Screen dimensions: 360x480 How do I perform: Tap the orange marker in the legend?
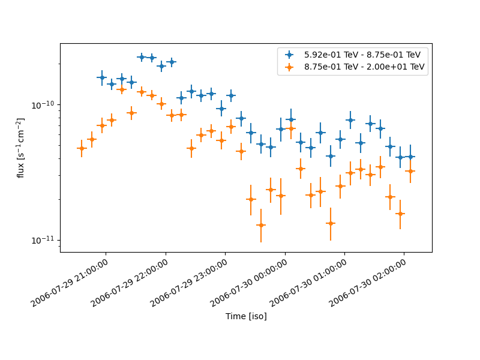pos(290,67)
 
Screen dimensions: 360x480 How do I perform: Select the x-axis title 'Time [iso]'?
pos(246,316)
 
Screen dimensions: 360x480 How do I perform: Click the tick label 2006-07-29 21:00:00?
pos(70,282)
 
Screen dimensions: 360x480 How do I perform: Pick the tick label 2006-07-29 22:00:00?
pos(130,282)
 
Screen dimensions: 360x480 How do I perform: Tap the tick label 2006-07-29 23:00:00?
pos(189,282)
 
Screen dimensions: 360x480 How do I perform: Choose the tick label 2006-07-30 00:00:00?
pos(248,282)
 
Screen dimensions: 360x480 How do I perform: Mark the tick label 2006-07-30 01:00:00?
pos(308,282)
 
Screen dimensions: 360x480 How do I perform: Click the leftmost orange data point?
pos(82,148)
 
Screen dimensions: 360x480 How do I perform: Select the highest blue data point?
pos(142,57)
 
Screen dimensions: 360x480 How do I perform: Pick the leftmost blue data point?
pos(101,77)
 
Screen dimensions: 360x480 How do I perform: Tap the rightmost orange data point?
pos(410,171)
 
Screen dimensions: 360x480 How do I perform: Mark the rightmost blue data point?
pos(410,157)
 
